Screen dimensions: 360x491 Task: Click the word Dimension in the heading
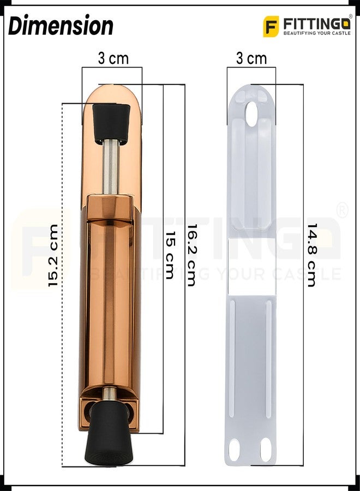click(61, 25)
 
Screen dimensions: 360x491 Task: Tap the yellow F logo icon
click(271, 26)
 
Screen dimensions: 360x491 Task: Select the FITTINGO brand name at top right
click(316, 24)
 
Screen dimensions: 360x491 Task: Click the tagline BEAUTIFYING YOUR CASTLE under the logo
click(317, 33)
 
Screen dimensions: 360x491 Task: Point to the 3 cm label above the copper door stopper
click(113, 58)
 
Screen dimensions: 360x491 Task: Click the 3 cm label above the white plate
click(251, 58)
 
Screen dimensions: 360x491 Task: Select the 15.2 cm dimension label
click(53, 255)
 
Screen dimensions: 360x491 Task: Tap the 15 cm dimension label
click(169, 255)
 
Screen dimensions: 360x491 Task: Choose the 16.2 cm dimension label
click(191, 255)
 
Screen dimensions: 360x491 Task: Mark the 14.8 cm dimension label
click(312, 255)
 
